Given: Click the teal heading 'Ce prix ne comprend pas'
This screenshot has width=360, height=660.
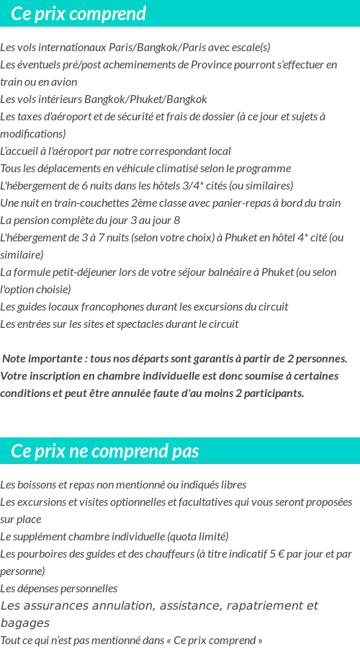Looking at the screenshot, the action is [105, 451].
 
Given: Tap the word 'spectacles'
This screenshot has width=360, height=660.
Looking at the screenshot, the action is [138, 324].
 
